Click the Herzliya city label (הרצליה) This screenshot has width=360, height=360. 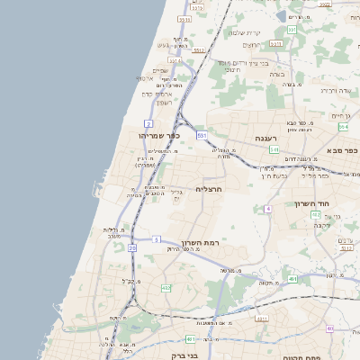click(x=208, y=189)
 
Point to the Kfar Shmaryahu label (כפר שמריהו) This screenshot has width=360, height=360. click(x=159, y=135)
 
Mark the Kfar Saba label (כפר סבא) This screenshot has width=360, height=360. click(x=344, y=150)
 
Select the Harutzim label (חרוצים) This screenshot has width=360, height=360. click(x=252, y=45)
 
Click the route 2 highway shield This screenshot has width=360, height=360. click(x=147, y=121)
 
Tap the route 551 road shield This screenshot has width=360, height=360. click(x=202, y=136)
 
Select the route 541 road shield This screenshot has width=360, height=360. click(x=273, y=149)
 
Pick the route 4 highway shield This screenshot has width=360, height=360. click(x=267, y=209)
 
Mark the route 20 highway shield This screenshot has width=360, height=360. click(x=132, y=247)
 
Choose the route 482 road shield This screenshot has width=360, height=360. click(x=166, y=287)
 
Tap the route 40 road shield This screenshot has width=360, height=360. click(x=329, y=328)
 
